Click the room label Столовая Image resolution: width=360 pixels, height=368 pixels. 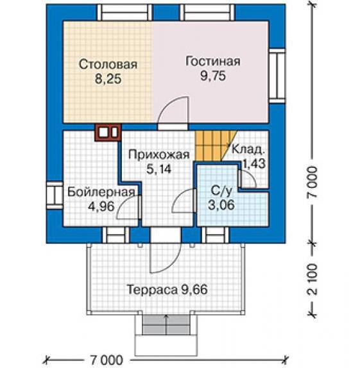click(x=108, y=64)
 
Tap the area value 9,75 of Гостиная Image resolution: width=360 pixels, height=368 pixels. click(x=213, y=76)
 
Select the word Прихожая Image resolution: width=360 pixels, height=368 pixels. click(x=159, y=155)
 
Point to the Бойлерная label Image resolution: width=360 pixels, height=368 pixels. click(x=101, y=192)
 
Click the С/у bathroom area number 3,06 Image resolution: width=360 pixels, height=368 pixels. click(x=221, y=205)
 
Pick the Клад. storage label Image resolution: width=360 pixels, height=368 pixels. click(x=248, y=149)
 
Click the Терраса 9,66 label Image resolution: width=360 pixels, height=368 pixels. click(x=167, y=289)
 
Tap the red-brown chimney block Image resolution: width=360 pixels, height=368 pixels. click(x=108, y=133)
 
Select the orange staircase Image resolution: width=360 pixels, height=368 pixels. click(x=215, y=146)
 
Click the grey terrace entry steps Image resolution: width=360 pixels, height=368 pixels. click(x=166, y=325)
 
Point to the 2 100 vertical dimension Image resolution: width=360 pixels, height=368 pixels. click(x=313, y=279)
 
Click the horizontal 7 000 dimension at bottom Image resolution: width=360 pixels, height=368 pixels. click(x=107, y=360)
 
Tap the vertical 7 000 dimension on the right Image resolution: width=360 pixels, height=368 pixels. click(x=313, y=183)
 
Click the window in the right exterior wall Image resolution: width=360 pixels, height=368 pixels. click(x=277, y=76)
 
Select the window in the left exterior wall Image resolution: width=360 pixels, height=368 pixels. click(x=55, y=196)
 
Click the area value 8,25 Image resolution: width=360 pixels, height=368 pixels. click(x=108, y=79)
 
